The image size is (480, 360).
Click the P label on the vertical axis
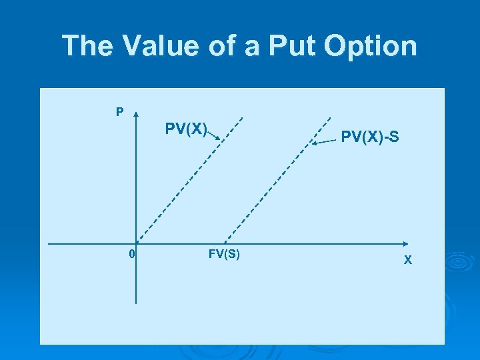pyautogui.click(x=119, y=112)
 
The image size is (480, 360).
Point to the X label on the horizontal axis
pyautogui.click(x=408, y=259)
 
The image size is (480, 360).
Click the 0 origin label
pyautogui.click(x=132, y=254)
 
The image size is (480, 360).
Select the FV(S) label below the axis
pyautogui.click(x=224, y=254)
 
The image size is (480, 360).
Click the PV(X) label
pyautogui.click(x=186, y=127)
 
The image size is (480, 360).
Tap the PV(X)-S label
pyautogui.click(x=370, y=137)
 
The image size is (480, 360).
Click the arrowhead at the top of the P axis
pyautogui.click(x=136, y=114)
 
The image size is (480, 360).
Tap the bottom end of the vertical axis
pyautogui.click(x=136, y=303)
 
